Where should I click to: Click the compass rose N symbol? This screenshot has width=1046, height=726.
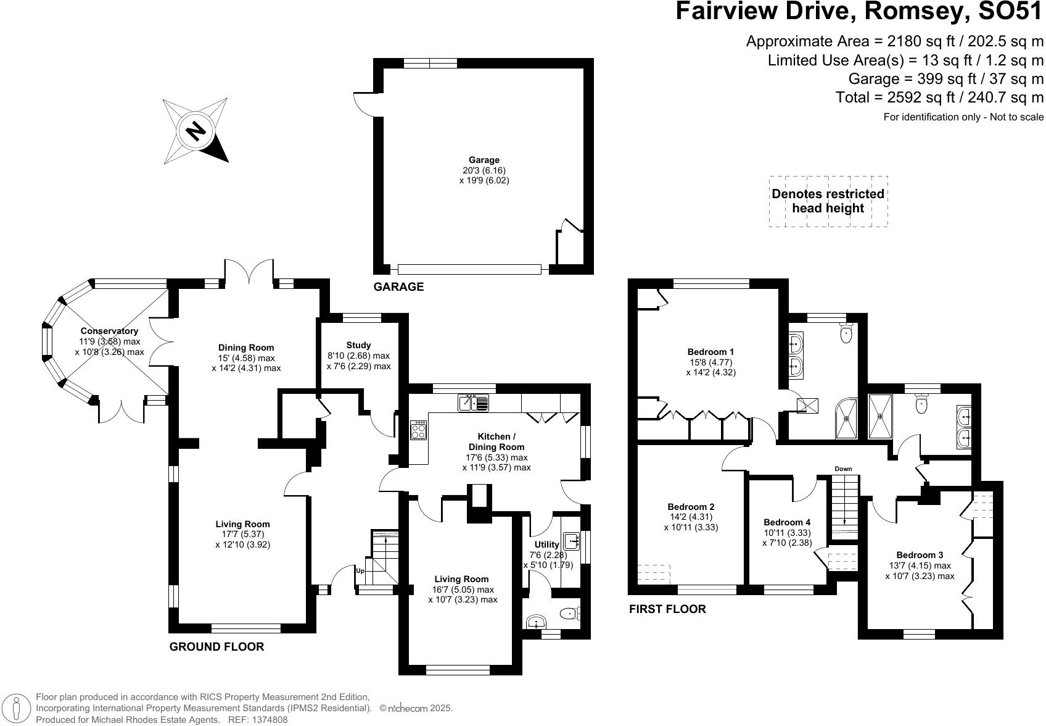[x=196, y=130]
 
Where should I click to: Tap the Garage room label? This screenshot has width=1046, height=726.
[x=484, y=160]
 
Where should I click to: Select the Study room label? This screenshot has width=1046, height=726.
[x=358, y=345]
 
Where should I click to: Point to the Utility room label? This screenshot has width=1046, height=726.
[x=546, y=544]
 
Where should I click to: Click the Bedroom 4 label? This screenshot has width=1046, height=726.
[x=786, y=522]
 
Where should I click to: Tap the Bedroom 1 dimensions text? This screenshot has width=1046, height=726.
[x=710, y=367]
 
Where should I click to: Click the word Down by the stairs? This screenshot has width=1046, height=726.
[x=843, y=469]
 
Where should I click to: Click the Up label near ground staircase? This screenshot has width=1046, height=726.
[x=360, y=571]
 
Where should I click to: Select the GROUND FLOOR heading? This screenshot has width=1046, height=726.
[x=216, y=646]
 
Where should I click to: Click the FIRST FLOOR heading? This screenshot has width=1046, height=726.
[x=667, y=609]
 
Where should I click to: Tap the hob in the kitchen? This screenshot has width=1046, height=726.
[x=418, y=430]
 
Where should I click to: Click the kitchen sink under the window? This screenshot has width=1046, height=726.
[x=473, y=403]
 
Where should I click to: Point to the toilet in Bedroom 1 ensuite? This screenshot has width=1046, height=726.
[x=846, y=334]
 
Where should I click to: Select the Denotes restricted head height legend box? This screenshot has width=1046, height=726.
[x=828, y=201]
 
